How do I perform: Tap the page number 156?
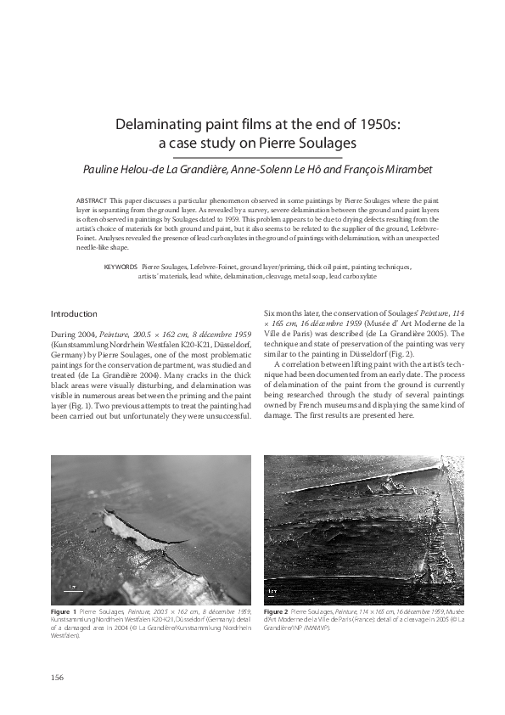pyautogui.click(x=58, y=676)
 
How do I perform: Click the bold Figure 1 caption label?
pyautogui.click(x=64, y=611)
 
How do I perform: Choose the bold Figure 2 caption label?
pyautogui.click(x=277, y=611)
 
